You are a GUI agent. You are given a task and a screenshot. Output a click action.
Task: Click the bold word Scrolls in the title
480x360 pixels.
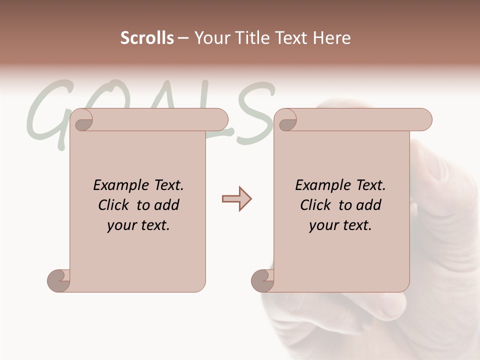coord(147,38)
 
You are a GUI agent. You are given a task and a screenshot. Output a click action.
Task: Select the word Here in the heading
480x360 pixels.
coord(332,38)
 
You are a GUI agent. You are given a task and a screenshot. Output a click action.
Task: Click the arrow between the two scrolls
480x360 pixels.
coord(236,199)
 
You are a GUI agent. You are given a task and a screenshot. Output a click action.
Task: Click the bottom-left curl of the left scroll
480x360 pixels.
coord(59,280)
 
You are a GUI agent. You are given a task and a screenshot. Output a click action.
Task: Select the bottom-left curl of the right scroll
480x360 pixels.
coord(263,280)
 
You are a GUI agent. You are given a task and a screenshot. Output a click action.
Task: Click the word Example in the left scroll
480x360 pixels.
coord(121,185)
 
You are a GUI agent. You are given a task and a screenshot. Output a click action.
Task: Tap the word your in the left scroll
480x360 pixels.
coord(121,225)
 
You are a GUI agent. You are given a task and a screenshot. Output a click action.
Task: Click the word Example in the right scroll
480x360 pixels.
coord(323,185)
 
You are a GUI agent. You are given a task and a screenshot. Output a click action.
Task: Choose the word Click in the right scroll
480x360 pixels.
coord(316,205)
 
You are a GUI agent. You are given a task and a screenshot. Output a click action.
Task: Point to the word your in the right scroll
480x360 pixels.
coord(323,225)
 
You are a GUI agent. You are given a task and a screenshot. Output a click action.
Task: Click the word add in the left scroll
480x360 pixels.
coord(167,205)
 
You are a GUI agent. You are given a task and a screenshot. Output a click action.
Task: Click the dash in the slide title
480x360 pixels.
coord(183,38)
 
